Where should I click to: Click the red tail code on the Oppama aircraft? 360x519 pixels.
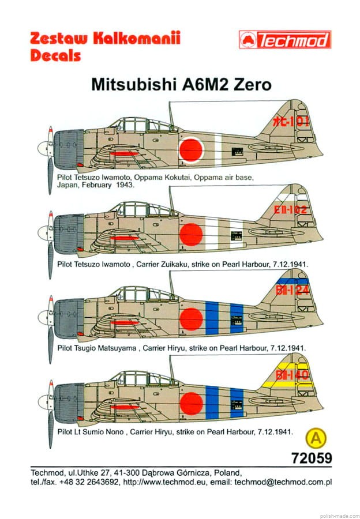[291, 122]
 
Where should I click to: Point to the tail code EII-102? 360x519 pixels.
[291, 209]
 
